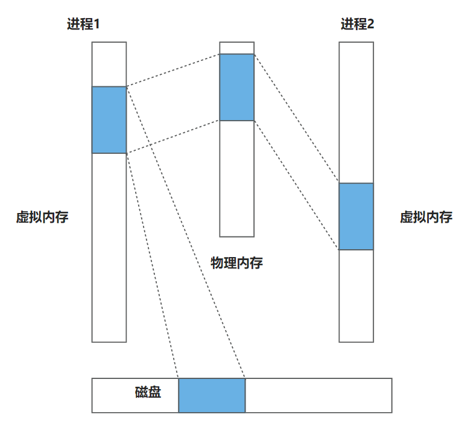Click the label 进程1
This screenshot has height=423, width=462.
[x=83, y=25]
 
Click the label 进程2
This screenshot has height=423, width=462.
[x=357, y=25]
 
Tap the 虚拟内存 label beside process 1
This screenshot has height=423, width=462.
[x=42, y=217]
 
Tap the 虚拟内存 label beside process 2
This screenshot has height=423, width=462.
[x=426, y=217]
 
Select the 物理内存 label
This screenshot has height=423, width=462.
[x=236, y=263]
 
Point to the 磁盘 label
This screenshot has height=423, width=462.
[x=148, y=393]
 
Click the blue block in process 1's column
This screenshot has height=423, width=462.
[x=109, y=119]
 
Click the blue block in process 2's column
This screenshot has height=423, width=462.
[x=356, y=216]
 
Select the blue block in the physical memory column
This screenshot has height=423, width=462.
[x=236, y=87]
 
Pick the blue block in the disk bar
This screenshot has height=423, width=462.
[x=212, y=395]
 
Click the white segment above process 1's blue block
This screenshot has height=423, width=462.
[x=109, y=64]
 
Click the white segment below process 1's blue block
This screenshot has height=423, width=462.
[x=109, y=247]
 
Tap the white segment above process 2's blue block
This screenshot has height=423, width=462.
[x=356, y=112]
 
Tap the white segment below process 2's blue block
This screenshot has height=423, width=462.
[x=356, y=296]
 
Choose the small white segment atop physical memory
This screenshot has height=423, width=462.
[x=236, y=48]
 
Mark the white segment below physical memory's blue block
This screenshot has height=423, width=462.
[x=236, y=179]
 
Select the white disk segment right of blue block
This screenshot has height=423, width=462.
[x=318, y=395]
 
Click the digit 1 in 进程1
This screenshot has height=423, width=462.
[x=96, y=25]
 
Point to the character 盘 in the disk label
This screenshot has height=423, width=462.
[x=154, y=393]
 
